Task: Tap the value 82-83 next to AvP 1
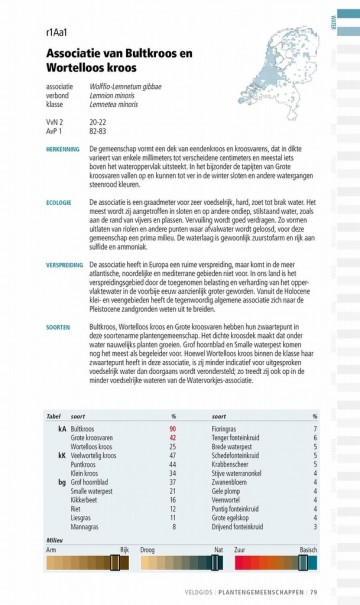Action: click(99, 131)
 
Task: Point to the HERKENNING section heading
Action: click(63, 147)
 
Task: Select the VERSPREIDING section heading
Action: click(64, 265)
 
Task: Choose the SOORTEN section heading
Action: click(58, 325)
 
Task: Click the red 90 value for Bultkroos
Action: click(173, 428)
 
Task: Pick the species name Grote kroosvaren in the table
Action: click(91, 437)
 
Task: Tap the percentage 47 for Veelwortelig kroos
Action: click(173, 455)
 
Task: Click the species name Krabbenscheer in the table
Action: click(233, 464)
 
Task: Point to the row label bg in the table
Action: click(62, 481)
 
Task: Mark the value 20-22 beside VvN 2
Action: click(99, 122)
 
